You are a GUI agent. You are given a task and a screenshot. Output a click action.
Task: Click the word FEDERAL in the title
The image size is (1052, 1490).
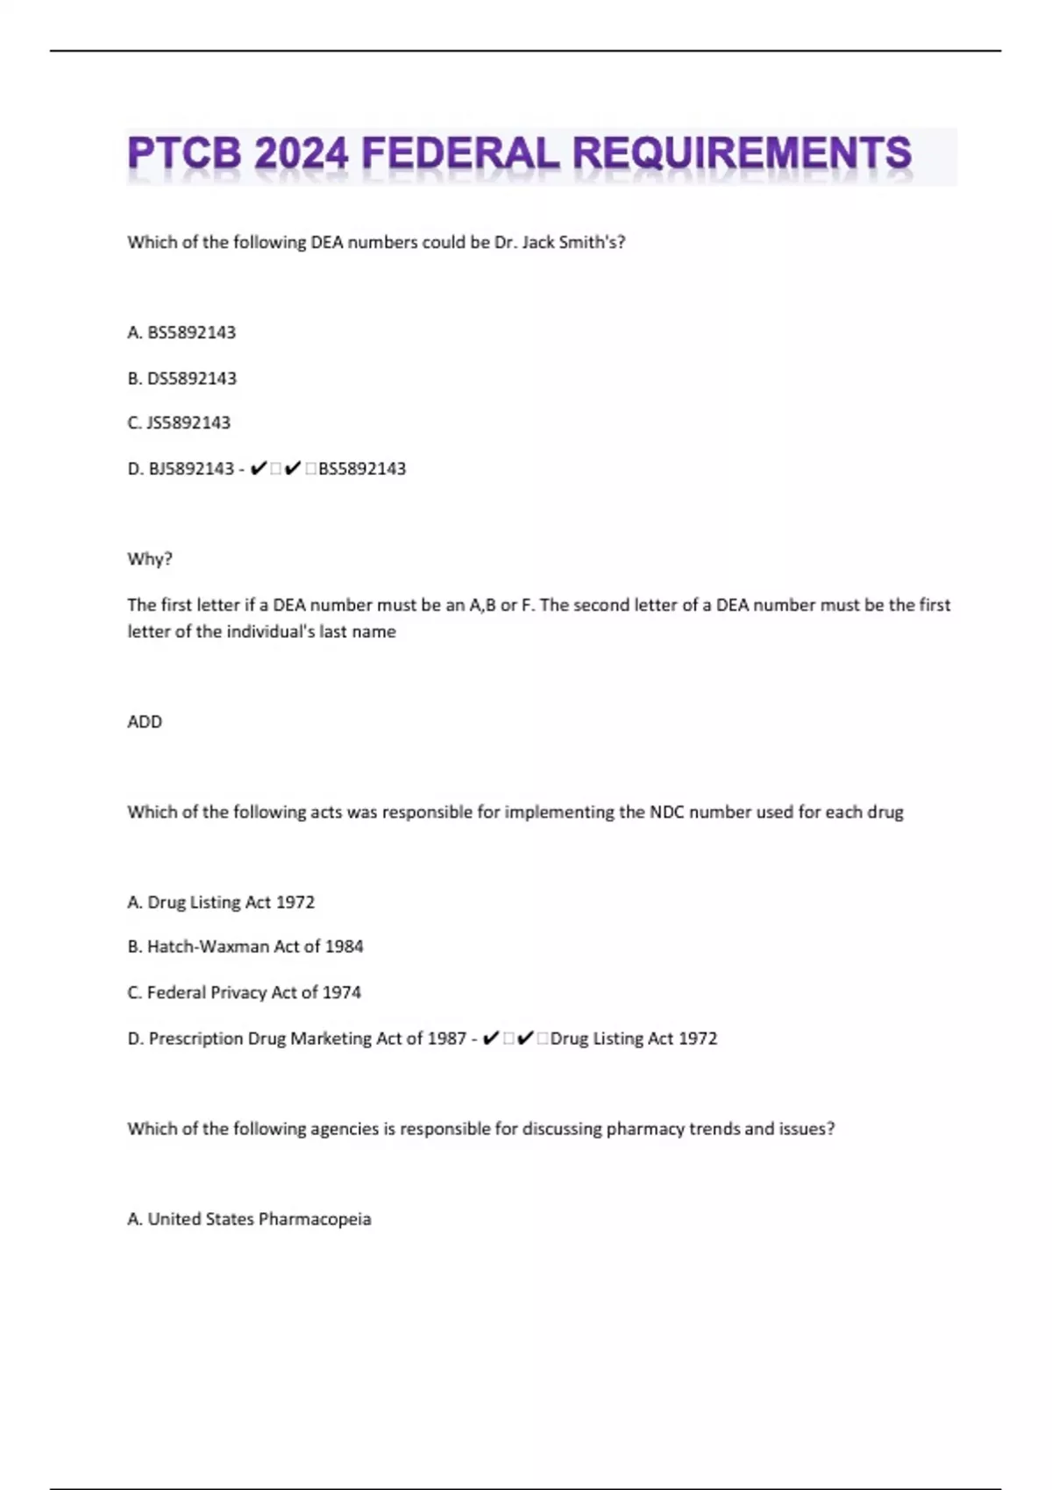pyautogui.click(x=459, y=154)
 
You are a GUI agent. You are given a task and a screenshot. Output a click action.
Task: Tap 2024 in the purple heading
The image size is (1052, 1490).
pyautogui.click(x=301, y=154)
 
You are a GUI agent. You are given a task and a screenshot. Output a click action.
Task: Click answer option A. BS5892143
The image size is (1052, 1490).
pyautogui.click(x=181, y=332)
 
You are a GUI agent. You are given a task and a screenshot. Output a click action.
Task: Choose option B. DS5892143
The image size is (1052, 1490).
pyautogui.click(x=181, y=379)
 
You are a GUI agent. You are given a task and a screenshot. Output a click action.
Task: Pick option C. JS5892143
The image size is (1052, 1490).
pyautogui.click(x=179, y=422)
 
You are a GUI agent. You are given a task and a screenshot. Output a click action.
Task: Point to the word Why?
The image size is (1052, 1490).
pyautogui.click(x=150, y=559)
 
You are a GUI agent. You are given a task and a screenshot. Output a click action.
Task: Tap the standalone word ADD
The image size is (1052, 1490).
pyautogui.click(x=145, y=722)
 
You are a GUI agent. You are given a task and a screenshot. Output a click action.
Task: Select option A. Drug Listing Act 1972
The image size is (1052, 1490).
pyautogui.click(x=221, y=902)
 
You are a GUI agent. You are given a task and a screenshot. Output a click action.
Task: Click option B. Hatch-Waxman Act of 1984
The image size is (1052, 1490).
pyautogui.click(x=245, y=947)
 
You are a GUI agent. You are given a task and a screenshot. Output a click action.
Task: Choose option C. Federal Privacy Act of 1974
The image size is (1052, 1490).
pyautogui.click(x=244, y=992)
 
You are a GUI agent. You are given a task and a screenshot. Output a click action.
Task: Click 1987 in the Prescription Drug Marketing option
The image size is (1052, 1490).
pyautogui.click(x=446, y=1039)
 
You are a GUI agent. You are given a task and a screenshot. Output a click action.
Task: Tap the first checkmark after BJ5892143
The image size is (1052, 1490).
pyautogui.click(x=258, y=469)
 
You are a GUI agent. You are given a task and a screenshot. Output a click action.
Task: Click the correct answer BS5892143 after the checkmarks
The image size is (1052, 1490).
pyautogui.click(x=362, y=469)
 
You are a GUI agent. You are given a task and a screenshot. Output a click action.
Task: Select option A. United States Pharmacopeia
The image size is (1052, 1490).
pyautogui.click(x=249, y=1219)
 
